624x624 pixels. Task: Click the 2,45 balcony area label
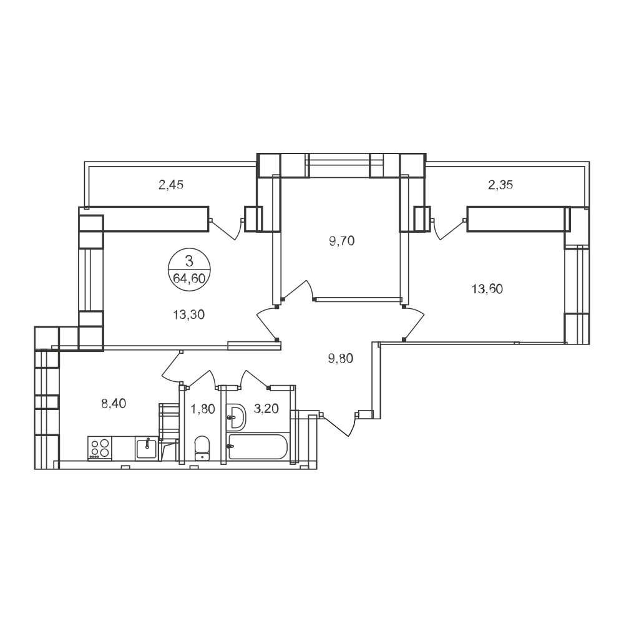pyautogui.click(x=171, y=185)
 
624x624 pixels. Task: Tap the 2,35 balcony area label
pyautogui.click(x=500, y=185)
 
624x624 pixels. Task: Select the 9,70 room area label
pyautogui.click(x=342, y=241)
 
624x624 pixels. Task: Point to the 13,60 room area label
pyautogui.click(x=487, y=288)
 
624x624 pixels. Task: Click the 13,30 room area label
pyautogui.click(x=188, y=314)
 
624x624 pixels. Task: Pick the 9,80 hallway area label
pyautogui.click(x=341, y=359)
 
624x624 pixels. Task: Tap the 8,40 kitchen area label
pyautogui.click(x=114, y=404)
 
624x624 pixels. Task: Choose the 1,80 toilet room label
pyautogui.click(x=203, y=409)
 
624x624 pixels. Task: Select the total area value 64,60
pyautogui.click(x=189, y=278)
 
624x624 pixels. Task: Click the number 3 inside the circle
pyautogui.click(x=189, y=261)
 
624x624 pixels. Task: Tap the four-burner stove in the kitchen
pyautogui.click(x=100, y=449)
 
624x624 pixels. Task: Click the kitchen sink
pyautogui.click(x=147, y=449)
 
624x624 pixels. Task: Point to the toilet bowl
pyautogui.click(x=202, y=448)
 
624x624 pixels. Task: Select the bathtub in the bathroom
pyautogui.click(x=258, y=447)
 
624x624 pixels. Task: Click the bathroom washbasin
pyautogui.click(x=236, y=417)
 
